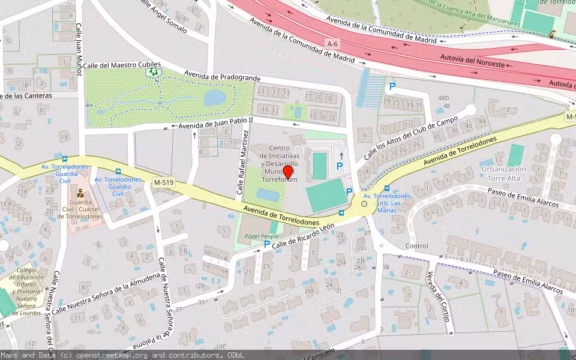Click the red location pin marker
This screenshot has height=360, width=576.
click(288, 172)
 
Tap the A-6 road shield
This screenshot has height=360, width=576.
click(333, 44)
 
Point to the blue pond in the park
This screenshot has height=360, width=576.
click(215, 98)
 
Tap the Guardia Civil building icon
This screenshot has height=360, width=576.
click(80, 194)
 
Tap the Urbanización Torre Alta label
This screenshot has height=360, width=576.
click(503, 173)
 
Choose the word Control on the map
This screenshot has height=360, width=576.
click(417, 246)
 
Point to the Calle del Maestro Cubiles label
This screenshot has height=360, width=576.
click(122, 65)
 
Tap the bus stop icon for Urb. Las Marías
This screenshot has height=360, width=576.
click(386, 188)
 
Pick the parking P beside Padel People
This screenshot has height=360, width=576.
click(267, 244)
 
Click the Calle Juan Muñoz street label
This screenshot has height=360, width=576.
click(79, 49)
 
